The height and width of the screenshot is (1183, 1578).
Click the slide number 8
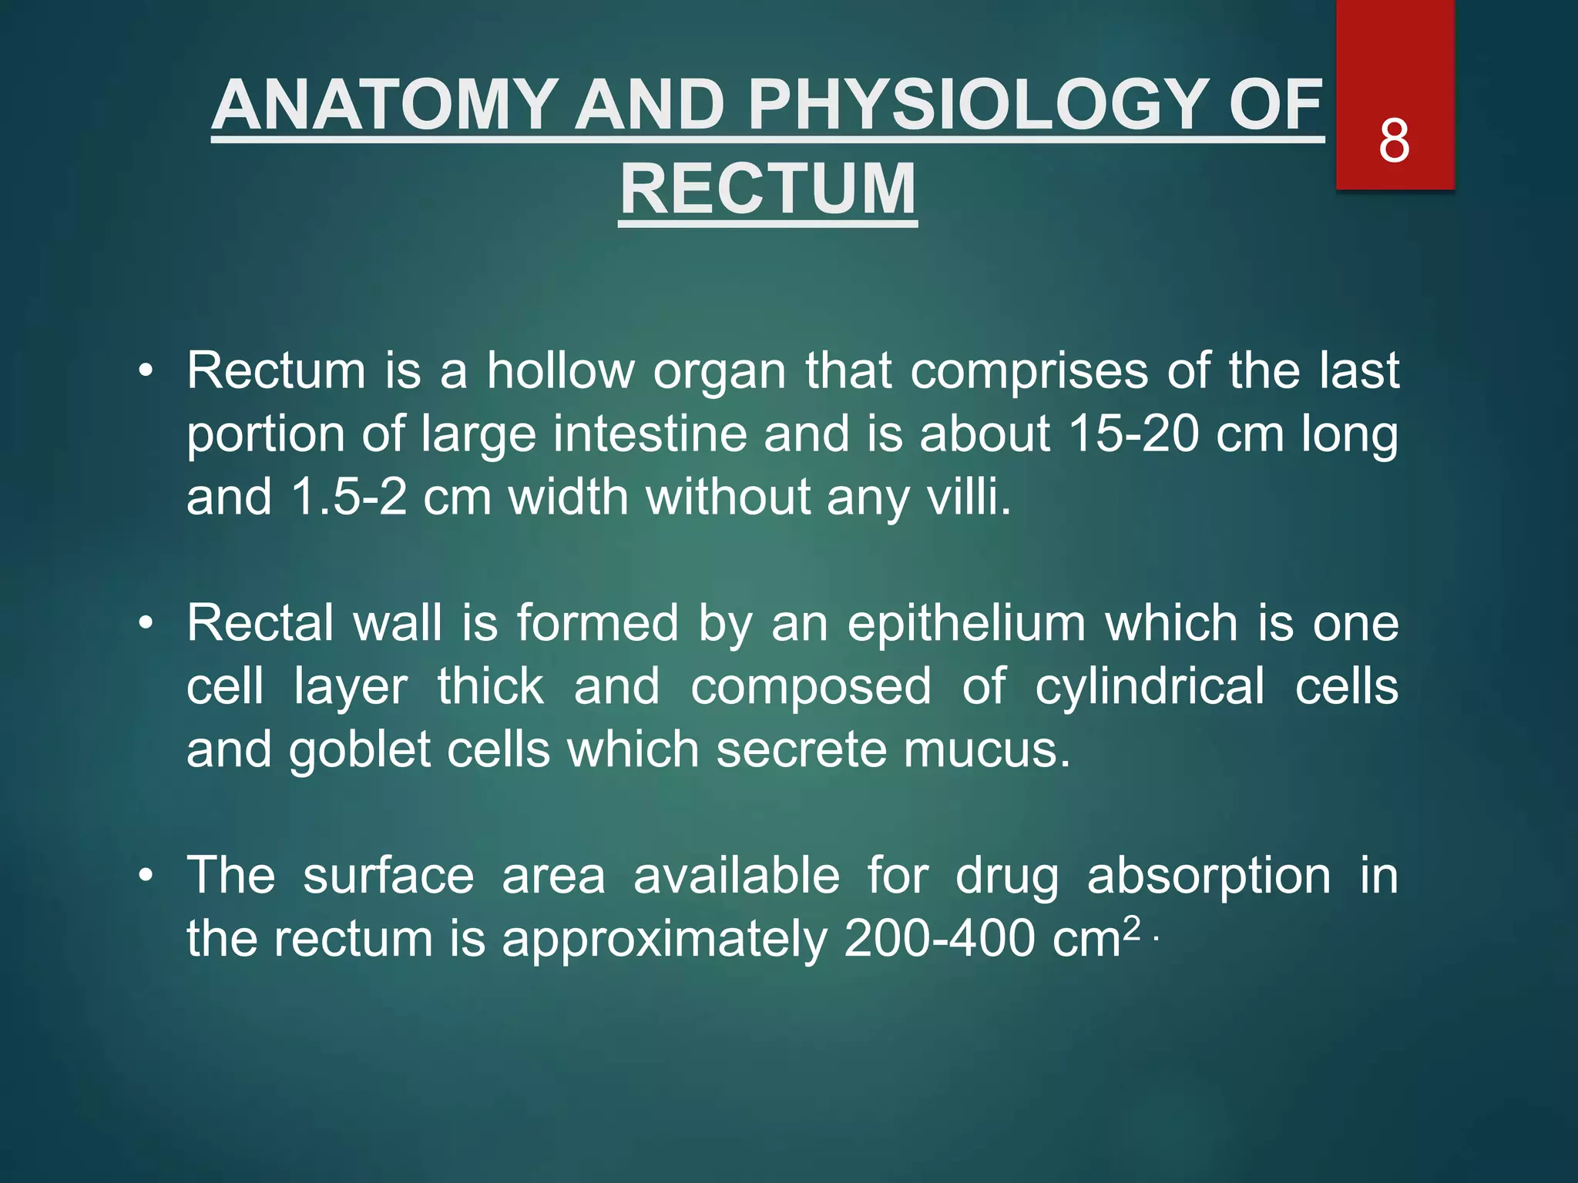1394,141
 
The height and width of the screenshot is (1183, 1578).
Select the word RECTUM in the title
768,189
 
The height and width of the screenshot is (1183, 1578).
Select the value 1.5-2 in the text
349,497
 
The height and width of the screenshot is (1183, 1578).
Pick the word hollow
560,371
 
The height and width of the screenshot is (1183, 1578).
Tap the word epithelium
966,624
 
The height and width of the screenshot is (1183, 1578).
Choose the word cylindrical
1149,686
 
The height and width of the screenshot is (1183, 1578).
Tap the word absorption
1208,876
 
